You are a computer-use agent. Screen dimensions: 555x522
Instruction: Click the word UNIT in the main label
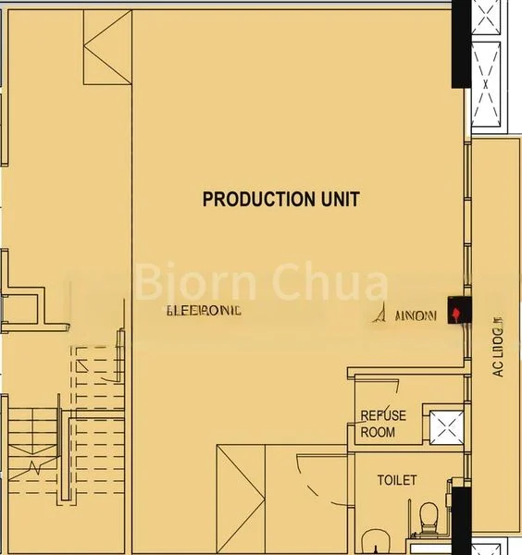pyautogui.click(x=337, y=199)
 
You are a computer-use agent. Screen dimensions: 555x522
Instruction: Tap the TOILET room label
pyautogui.click(x=396, y=480)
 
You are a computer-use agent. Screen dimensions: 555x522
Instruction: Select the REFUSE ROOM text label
pyautogui.click(x=382, y=424)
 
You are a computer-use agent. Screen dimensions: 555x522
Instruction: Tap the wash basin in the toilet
pyautogui.click(x=377, y=541)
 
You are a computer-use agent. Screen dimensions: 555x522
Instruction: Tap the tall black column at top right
pyautogui.click(x=461, y=44)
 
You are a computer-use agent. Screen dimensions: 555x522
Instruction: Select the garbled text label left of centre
pyautogui.click(x=204, y=311)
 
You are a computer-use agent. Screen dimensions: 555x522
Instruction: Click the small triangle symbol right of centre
pyautogui.click(x=379, y=314)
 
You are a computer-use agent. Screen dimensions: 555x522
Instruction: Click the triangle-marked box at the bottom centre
pyautogui.click(x=241, y=499)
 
